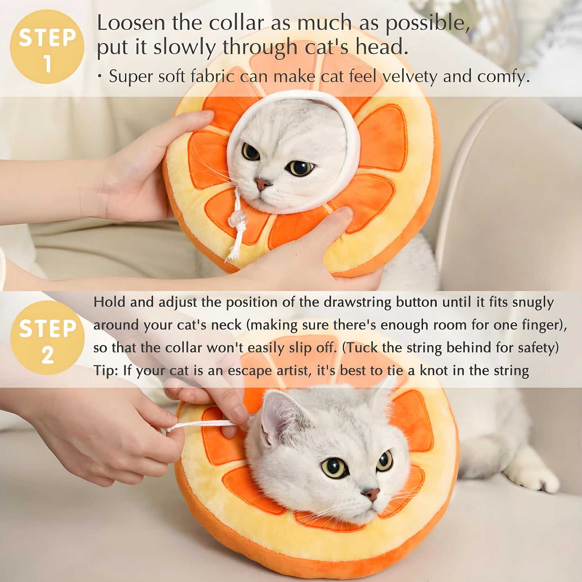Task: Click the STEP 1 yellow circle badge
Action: [x=47, y=47]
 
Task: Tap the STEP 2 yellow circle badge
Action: [x=47, y=338]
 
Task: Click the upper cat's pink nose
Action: [x=262, y=184]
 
